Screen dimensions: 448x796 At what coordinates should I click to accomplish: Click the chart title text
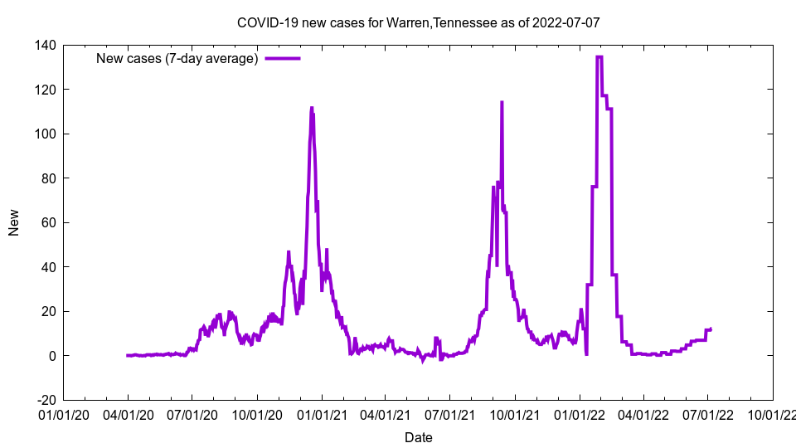coord(418,22)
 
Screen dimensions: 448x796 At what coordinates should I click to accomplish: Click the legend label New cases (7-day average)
coord(177,58)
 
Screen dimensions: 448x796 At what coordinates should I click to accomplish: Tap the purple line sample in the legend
coord(282,58)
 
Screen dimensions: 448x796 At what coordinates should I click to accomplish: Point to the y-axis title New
coord(14,222)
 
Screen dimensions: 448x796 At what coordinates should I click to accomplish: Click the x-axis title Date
coord(418,437)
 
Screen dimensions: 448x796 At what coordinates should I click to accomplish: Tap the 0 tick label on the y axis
coord(51,356)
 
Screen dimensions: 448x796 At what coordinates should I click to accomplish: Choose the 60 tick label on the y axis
coord(46,222)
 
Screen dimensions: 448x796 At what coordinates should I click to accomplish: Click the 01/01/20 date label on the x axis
coord(63,413)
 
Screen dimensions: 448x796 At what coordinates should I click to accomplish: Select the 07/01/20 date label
coord(192,413)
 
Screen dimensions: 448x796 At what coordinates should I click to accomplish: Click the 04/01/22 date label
coord(643,413)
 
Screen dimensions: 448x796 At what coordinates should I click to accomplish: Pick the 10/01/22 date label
coord(773,413)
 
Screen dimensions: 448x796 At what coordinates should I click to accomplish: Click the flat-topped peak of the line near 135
coord(599,56)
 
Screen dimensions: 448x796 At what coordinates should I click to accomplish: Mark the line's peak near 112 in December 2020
coord(311,108)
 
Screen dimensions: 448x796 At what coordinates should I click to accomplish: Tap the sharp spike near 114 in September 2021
coord(502,103)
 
